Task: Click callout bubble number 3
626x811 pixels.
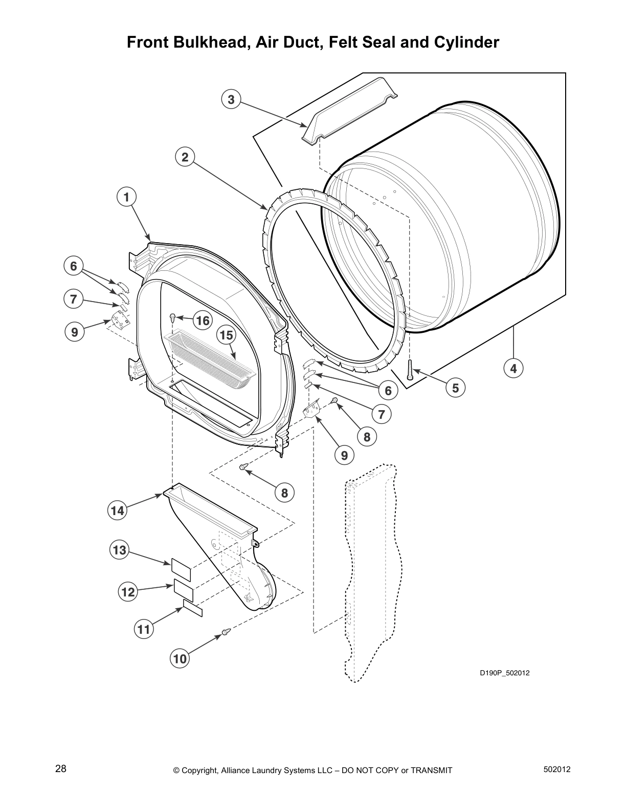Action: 231,99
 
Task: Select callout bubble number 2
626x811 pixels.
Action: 185,157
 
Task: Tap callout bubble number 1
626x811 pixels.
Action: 126,197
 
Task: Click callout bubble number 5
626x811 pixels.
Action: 455,388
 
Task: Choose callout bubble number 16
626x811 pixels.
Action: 203,321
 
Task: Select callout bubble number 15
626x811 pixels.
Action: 226,335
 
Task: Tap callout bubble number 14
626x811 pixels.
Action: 118,510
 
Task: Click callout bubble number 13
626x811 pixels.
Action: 119,550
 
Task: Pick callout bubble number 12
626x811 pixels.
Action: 128,592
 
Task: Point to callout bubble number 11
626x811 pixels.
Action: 144,629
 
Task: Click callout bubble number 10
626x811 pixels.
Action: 180,659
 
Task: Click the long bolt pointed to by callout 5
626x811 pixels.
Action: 410,369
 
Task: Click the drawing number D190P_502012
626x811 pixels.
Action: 504,673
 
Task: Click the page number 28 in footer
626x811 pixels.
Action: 60,769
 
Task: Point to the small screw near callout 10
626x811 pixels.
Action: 224,633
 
